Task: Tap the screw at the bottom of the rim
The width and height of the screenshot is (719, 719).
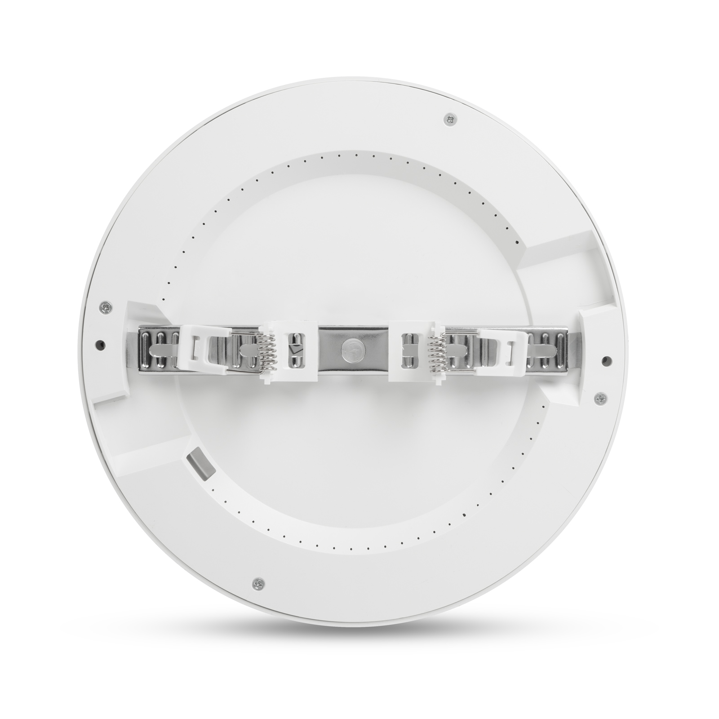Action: (257, 584)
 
